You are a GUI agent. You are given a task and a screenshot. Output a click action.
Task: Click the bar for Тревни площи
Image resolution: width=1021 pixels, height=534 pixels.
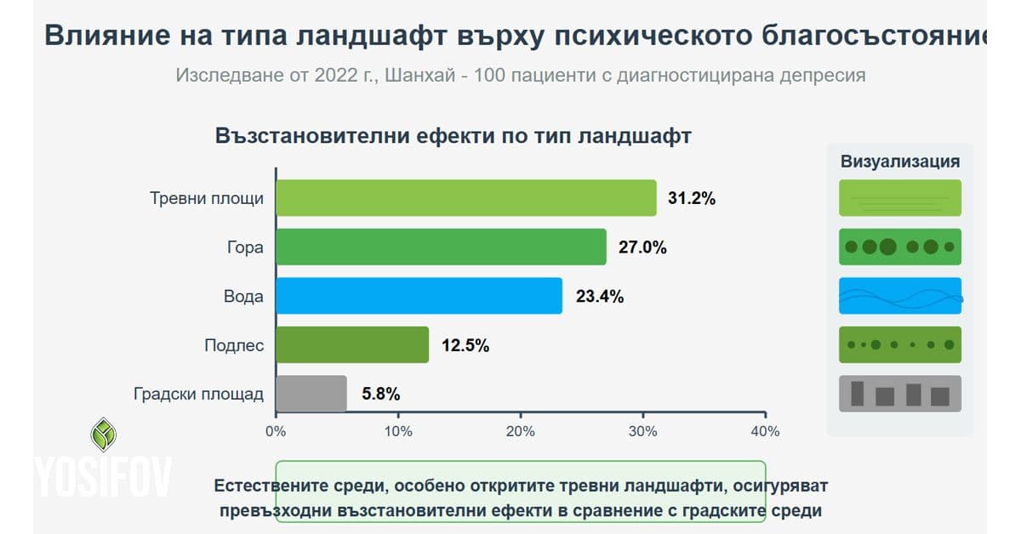466,198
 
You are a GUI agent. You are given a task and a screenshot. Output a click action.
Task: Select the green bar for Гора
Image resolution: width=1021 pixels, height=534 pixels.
441,247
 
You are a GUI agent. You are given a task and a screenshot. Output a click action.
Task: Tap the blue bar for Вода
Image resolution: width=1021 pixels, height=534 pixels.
419,296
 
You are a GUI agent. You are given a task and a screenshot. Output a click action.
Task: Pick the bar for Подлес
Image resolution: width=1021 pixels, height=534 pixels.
352,345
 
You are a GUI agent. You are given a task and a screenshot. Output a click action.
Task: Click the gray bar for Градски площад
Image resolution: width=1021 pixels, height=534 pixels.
311,394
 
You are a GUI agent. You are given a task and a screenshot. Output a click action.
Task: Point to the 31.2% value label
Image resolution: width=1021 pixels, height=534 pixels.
692,199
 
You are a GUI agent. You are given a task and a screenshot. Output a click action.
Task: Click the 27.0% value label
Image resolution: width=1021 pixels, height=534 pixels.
642,247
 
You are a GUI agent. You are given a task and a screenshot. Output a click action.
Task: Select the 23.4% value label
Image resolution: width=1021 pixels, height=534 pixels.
600,297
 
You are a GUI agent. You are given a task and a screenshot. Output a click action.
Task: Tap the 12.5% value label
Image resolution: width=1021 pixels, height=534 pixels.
465,346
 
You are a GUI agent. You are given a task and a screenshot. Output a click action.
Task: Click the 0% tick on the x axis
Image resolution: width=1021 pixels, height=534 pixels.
276,431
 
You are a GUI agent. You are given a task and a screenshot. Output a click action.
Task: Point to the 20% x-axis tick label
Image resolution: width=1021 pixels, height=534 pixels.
521,431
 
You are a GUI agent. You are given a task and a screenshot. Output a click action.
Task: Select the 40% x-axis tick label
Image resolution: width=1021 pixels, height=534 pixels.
765,431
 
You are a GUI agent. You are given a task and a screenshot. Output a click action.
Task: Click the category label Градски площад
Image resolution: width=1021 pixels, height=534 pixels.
199,395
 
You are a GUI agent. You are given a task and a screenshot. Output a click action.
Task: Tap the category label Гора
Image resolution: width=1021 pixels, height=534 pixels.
246,247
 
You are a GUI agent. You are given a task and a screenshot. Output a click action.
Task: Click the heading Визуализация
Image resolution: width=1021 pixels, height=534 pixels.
900,162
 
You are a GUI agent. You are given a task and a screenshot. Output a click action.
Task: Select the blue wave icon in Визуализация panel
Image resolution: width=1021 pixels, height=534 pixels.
900,296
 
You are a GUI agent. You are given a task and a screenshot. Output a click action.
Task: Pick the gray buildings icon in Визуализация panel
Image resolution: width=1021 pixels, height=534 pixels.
900,394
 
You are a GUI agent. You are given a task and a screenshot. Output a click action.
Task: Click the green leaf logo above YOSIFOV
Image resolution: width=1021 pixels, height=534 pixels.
104,435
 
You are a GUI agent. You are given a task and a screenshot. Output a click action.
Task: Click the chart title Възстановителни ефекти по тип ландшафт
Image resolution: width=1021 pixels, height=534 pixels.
453,137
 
